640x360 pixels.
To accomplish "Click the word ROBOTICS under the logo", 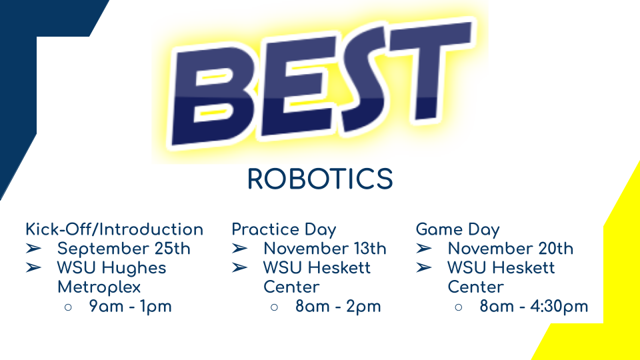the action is coord(320,179).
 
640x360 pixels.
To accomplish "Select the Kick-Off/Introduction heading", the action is coord(114,229).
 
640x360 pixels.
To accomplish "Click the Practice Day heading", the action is coord(284,230).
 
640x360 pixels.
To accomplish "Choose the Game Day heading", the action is coord(457,230).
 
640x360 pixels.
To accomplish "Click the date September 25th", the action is coord(124,249).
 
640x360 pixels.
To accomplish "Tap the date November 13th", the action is coord(325,249).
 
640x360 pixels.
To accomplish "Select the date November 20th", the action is coord(511,249).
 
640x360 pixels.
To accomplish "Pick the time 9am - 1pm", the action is coord(130,307).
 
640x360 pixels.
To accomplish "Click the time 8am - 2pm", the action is coord(338,307).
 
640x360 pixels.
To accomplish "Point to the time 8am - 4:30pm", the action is coord(534,307).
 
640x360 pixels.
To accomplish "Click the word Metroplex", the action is coord(99,287).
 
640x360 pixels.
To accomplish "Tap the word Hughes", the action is coord(134,269).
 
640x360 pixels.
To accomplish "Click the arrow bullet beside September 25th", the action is coord(33,248).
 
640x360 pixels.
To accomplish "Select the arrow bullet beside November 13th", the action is coord(239,248).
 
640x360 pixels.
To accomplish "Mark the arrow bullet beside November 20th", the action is coord(424,248).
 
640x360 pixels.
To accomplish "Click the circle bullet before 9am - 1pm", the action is coord(68,307).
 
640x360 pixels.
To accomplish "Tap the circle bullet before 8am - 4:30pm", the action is coord(459,307).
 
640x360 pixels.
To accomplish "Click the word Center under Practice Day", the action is coord(291,287).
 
